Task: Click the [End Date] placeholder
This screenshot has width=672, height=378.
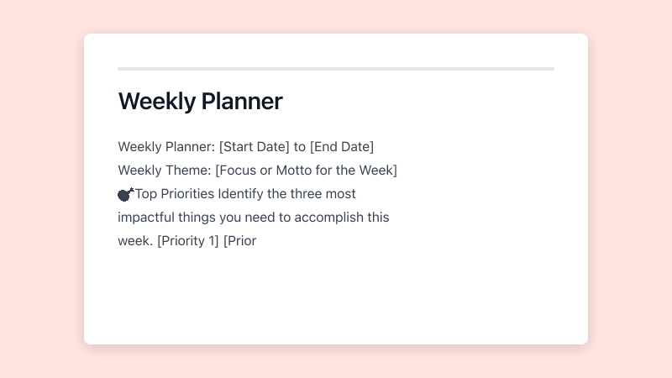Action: (x=342, y=147)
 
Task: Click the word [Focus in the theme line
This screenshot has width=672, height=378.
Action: (x=238, y=171)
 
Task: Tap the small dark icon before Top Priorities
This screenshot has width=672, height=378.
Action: (x=125, y=195)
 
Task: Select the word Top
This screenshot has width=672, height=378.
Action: (x=145, y=194)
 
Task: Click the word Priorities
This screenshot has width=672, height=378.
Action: (x=186, y=194)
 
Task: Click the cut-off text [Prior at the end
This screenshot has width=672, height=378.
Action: (x=239, y=241)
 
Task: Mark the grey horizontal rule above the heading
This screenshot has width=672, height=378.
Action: (x=336, y=69)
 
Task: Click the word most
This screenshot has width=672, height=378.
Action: (x=342, y=194)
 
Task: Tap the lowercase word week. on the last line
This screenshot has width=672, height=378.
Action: (x=135, y=241)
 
